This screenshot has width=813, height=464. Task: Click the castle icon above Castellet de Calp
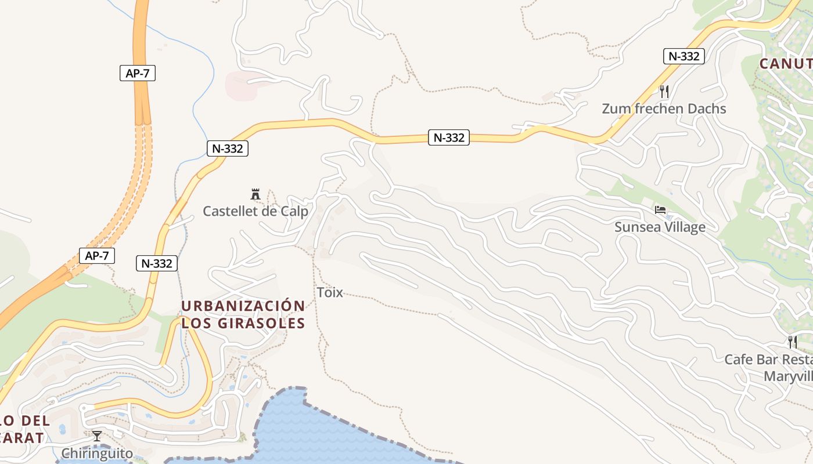pos(255,194)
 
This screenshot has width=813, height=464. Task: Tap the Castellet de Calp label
pos(255,211)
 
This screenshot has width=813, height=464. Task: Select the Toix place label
pos(330,292)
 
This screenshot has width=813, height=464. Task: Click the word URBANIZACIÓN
pos(243,306)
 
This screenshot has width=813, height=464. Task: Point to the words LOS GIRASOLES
pos(243,323)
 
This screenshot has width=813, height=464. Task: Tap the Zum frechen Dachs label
pos(664,108)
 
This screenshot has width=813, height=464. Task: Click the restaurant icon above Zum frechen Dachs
pos(664,91)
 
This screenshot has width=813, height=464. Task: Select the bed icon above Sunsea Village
pos(660,210)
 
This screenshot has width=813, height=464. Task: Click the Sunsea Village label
pos(660,227)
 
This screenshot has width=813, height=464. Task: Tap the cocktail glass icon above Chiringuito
pos(97,436)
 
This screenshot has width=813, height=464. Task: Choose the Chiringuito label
pos(97,453)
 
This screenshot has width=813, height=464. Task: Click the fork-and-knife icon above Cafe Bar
pos(792,342)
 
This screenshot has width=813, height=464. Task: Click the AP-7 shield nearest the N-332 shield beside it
pos(97,255)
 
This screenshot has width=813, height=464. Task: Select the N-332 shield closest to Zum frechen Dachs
pos(684,56)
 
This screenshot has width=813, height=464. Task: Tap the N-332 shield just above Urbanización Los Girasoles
pos(156,263)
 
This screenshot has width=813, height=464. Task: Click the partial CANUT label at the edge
pos(786,63)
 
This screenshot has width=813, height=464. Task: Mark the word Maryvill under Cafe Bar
pos(787,376)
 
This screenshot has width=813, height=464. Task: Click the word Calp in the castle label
pos(295,211)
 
